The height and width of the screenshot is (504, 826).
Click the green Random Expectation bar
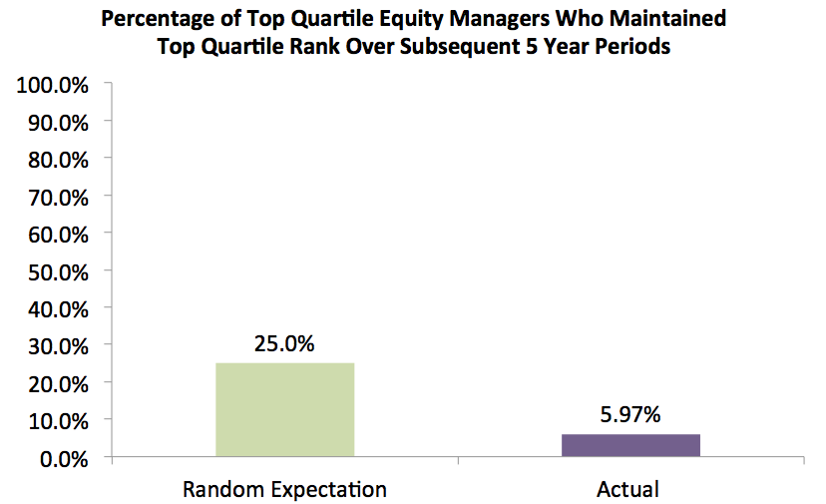(x=284, y=410)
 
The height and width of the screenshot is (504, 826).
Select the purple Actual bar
(x=630, y=446)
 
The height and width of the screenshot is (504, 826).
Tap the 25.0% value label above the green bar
(x=284, y=344)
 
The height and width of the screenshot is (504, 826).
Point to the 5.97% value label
(x=630, y=414)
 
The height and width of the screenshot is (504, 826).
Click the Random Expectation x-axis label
(x=284, y=490)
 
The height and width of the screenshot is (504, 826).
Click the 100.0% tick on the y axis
(x=53, y=85)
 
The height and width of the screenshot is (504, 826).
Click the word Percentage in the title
(x=156, y=19)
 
